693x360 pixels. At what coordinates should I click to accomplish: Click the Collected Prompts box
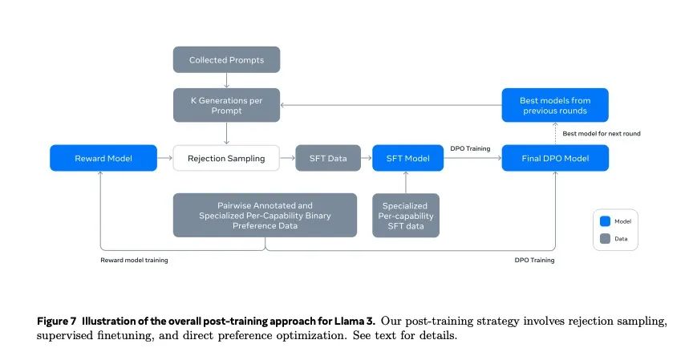[227, 60]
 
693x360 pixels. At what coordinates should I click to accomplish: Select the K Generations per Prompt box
[227, 105]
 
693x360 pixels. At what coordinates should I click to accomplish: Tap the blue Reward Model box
[103, 158]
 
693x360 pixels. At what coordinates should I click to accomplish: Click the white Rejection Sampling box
[226, 158]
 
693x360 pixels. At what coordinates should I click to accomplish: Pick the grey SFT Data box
[327, 158]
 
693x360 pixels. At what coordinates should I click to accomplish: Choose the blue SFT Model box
[407, 158]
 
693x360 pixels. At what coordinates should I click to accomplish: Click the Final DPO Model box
[555, 158]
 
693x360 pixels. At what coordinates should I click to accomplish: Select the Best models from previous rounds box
[555, 105]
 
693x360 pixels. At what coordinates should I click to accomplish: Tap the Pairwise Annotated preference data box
[265, 215]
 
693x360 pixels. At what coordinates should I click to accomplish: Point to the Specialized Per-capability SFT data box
[407, 215]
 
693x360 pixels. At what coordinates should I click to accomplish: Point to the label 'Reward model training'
[134, 260]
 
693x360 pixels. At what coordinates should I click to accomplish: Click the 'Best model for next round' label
[601, 133]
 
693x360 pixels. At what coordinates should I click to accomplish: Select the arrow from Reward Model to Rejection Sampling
[164, 158]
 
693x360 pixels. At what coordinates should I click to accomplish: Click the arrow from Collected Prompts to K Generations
[227, 79]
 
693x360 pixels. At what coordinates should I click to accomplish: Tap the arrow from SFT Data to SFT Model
[366, 158]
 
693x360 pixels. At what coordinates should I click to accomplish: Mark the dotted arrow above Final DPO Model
[555, 133]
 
